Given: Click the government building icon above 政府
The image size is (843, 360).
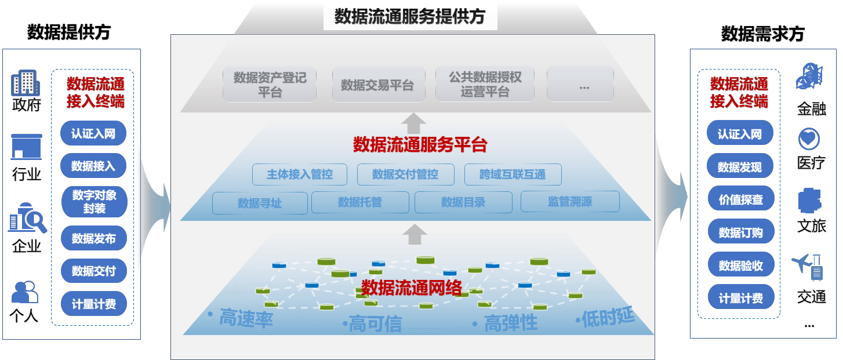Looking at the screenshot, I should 26,83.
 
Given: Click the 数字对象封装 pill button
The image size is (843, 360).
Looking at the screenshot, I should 94,201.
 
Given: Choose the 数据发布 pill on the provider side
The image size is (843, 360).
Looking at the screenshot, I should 94,238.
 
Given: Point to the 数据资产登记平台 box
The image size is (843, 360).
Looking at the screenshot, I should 270,84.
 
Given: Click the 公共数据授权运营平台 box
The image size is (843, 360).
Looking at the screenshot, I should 485,84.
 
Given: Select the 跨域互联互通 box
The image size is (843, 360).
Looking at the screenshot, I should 513,174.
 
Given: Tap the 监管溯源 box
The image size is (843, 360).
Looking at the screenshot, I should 570,202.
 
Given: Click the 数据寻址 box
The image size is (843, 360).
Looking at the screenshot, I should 260,203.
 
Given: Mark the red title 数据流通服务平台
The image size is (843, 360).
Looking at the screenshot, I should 420,144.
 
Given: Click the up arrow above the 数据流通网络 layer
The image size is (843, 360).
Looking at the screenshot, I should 415,234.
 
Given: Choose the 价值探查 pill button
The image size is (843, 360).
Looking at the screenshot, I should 740,200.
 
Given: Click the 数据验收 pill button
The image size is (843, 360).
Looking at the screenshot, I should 740,266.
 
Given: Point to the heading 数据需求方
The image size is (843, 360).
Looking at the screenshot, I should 762,34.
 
